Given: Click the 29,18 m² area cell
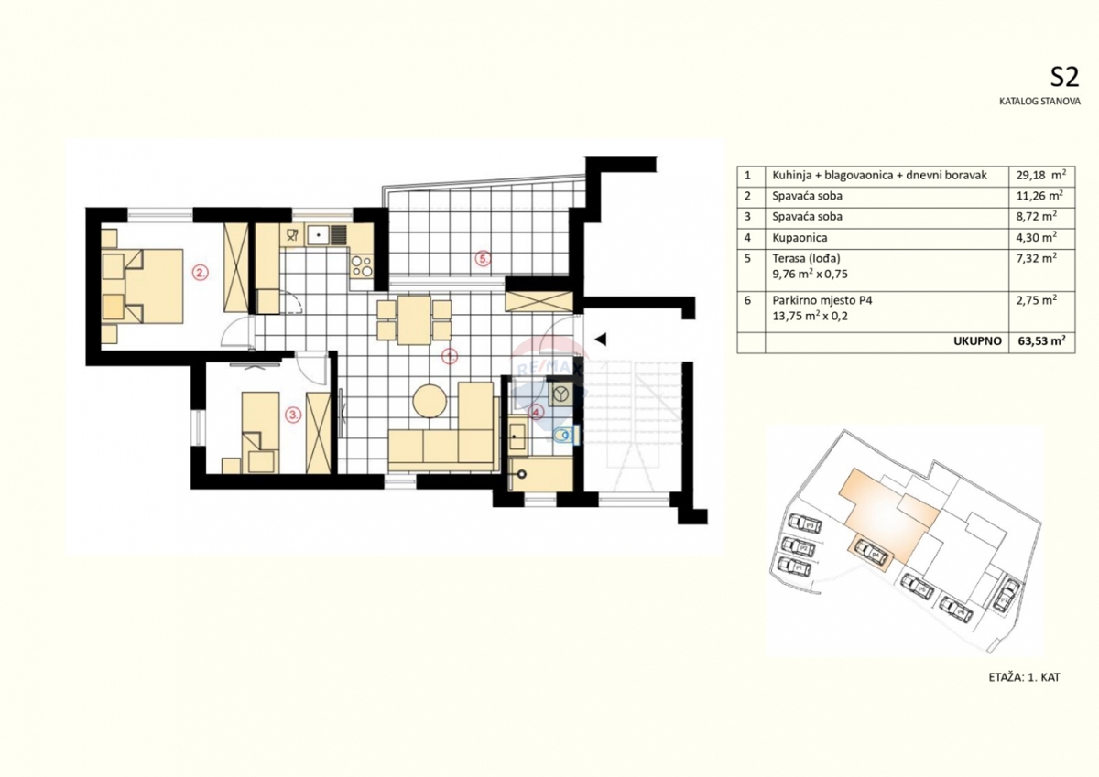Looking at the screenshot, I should tap(1039, 175).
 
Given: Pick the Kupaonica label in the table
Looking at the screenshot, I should tap(800, 237).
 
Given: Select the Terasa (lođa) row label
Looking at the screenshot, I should tap(806, 259).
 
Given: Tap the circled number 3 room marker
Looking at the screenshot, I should tap(292, 415).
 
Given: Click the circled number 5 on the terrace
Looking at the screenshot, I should tap(483, 258).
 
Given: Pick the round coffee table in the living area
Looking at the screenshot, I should tap(430, 400).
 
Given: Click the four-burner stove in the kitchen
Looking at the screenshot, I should tap(362, 266).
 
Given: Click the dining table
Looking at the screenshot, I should tap(414, 319).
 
